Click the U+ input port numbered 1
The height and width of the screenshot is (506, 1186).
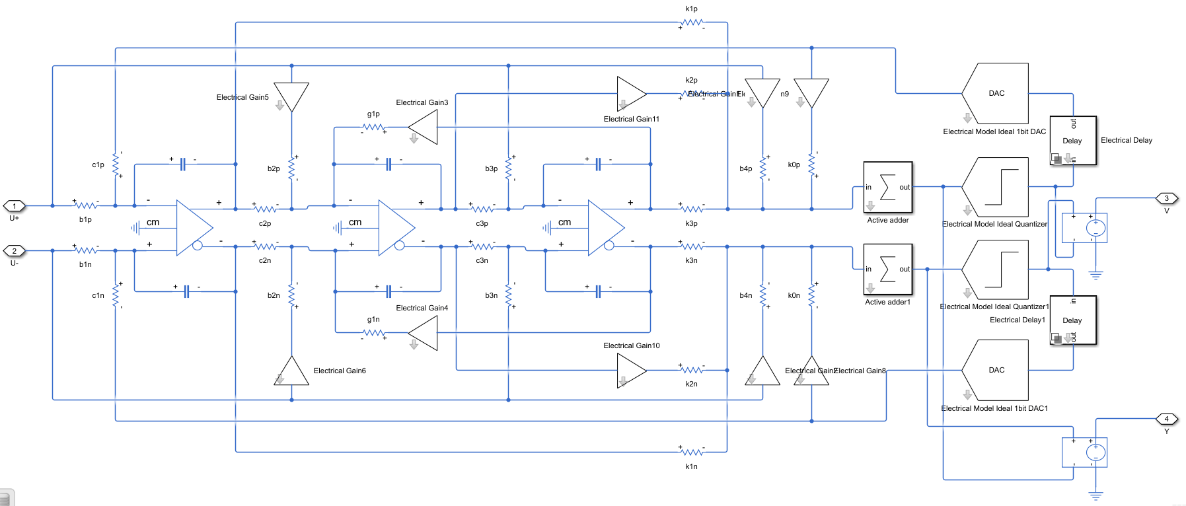coord(15,206)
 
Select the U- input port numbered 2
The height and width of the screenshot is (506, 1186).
coord(15,251)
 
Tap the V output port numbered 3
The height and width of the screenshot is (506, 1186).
coord(1166,198)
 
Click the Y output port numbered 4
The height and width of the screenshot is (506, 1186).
coord(1166,419)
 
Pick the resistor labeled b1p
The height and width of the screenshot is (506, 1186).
coord(85,206)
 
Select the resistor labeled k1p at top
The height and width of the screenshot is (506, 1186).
coord(691,22)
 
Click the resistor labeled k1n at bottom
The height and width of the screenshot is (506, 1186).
coord(691,452)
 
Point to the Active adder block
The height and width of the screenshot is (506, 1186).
coord(887,188)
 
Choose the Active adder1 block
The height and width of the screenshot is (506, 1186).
coord(887,270)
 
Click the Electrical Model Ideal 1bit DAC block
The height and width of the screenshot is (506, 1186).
coord(996,94)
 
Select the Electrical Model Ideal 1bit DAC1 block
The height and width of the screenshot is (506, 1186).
coord(996,370)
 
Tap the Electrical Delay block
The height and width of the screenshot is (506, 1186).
coord(1072,141)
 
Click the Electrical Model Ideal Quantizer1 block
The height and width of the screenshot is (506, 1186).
coord(996,270)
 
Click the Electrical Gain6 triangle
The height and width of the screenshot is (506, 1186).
coord(291,371)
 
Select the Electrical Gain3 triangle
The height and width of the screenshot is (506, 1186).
coord(424,127)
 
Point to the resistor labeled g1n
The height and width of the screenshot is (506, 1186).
coord(373,332)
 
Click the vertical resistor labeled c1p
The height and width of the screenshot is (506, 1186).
coord(116,164)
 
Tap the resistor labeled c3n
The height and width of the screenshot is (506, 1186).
coord(482,246)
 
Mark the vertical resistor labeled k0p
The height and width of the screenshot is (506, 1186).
coord(811,164)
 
